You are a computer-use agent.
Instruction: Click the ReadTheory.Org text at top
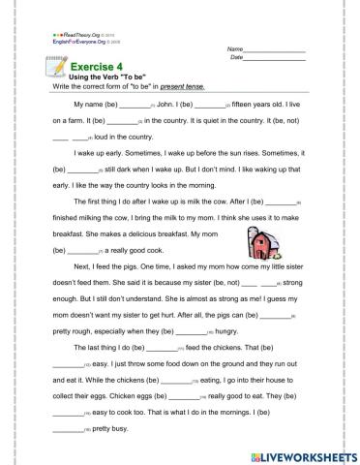(x=76, y=35)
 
